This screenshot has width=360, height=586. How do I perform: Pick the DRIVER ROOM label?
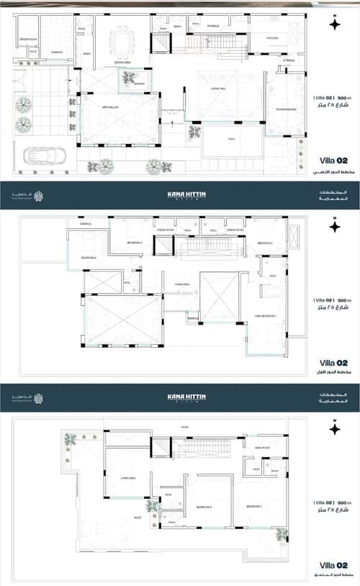click(28, 38)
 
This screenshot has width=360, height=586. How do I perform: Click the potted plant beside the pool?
click(194, 132)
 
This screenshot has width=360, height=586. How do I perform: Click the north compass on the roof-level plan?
click(333, 430)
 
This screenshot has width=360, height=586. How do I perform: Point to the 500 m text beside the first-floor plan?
click(343, 299)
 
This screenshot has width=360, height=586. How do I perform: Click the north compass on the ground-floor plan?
click(333, 24)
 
